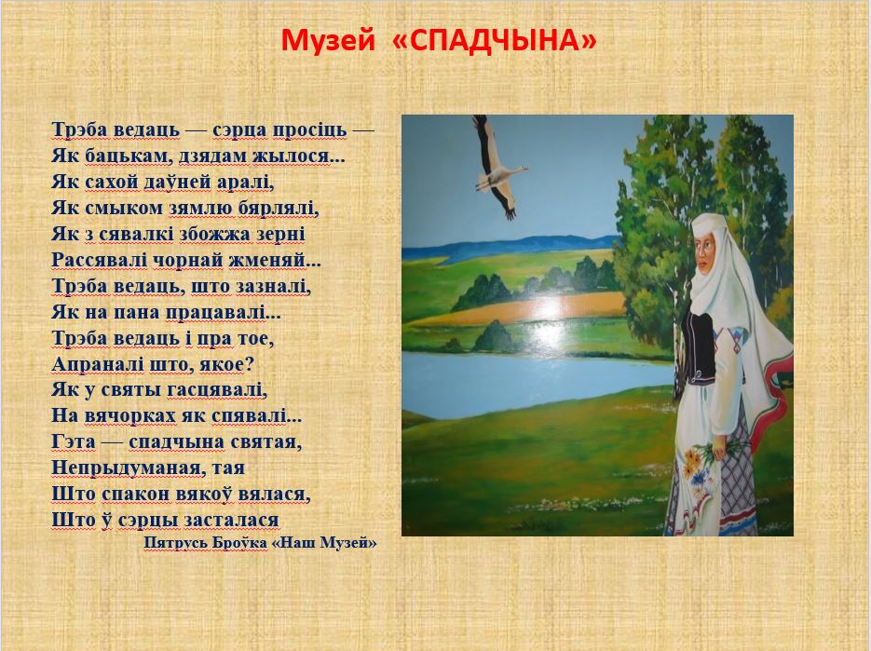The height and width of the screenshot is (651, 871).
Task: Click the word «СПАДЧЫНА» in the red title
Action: [495, 41]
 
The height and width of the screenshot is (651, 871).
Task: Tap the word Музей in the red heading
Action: [328, 41]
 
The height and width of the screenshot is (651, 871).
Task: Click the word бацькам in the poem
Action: [128, 156]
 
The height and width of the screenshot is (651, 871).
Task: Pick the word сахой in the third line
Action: [104, 183]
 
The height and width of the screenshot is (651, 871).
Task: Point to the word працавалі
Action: [224, 312]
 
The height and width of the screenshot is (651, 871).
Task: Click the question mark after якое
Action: [249, 364]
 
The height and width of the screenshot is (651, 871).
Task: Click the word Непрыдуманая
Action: [126, 468]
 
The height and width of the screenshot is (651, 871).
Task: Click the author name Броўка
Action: [239, 543]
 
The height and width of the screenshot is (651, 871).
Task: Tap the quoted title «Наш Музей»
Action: [324, 543]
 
